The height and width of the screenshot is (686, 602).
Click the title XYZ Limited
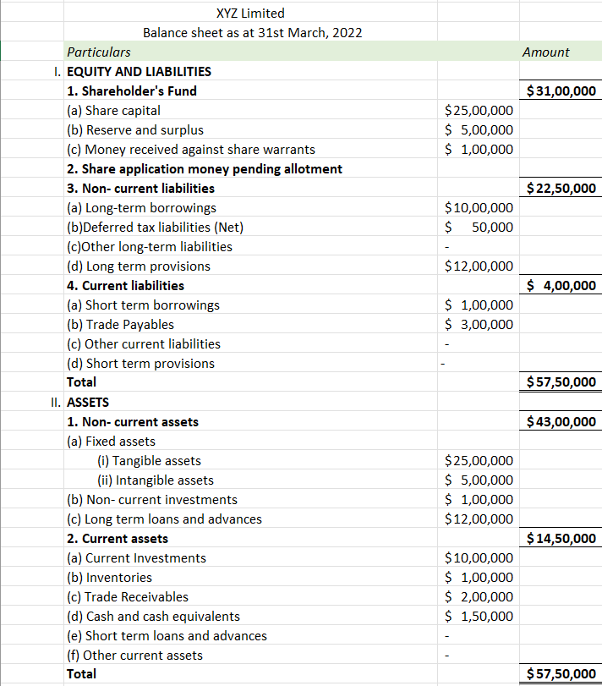(250, 13)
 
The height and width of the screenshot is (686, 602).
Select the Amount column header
(545, 52)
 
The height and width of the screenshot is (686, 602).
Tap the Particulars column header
(98, 52)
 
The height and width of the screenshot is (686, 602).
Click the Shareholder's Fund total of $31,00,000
(561, 91)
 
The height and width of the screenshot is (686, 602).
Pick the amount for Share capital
(479, 111)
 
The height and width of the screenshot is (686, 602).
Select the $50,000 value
(479, 228)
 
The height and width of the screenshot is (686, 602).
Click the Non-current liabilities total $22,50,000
(561, 189)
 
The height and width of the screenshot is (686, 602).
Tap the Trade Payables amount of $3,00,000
(479, 325)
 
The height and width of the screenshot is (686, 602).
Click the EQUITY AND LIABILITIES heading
(139, 72)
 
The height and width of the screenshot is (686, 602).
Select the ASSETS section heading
(88, 403)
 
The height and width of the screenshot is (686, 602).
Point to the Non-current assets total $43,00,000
(561, 422)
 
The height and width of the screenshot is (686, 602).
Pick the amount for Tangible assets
(479, 461)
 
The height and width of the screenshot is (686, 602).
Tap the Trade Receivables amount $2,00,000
(479, 597)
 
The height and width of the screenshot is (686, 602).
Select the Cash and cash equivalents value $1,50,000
(479, 617)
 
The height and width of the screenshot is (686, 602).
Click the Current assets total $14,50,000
(561, 539)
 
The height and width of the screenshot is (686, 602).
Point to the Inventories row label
(109, 578)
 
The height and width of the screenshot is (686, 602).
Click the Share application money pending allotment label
(205, 169)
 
